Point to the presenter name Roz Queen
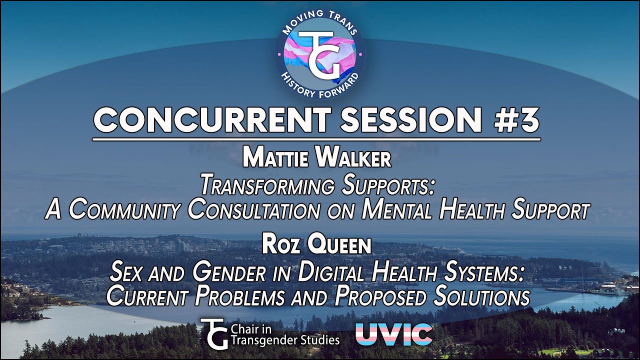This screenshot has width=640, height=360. pyautogui.click(x=316, y=246)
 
